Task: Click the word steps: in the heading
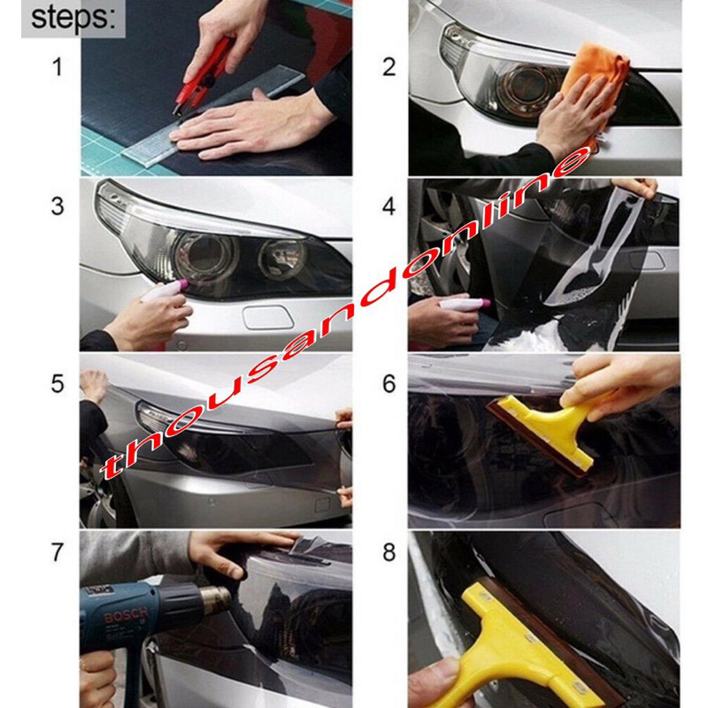(x=73, y=18)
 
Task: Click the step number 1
(x=57, y=67)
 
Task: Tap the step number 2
(x=389, y=67)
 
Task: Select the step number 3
(x=58, y=206)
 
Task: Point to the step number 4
(x=389, y=206)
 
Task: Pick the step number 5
(x=58, y=383)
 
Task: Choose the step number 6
(x=389, y=383)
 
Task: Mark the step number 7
(x=58, y=552)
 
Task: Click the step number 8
(x=389, y=552)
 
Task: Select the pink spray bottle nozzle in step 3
(x=183, y=284)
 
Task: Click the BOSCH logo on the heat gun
(x=126, y=614)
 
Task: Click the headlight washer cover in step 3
(x=268, y=318)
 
